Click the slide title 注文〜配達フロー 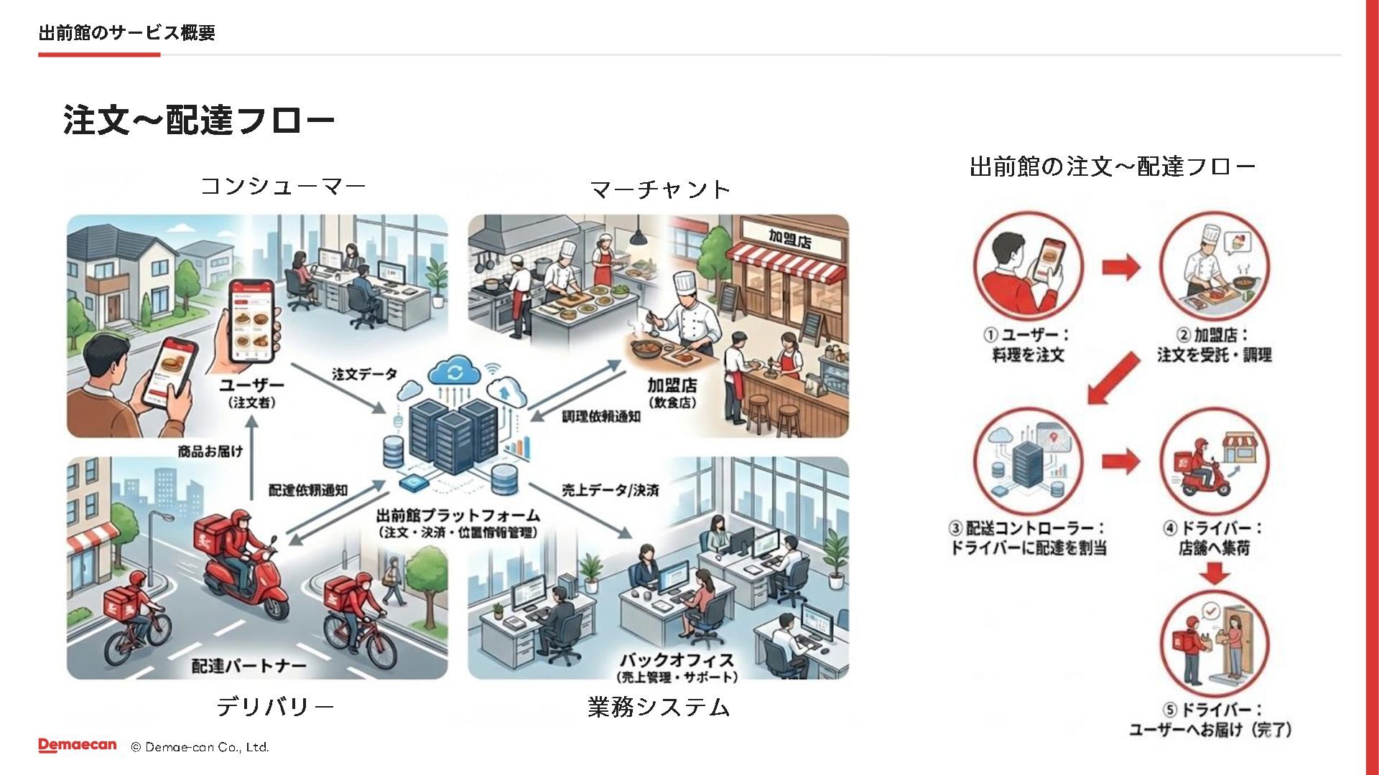pos(199,120)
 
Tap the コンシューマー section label pos(283,187)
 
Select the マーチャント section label pos(659,189)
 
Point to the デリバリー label pos(275,707)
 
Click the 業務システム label pos(659,707)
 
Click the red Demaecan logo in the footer pos(78,746)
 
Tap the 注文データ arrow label pos(364,374)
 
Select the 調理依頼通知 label pos(600,416)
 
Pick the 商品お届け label pos(210,451)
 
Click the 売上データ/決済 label pos(610,490)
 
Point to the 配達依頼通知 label pos(307,490)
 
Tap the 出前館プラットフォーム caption pos(458,516)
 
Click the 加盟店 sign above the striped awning pos(789,238)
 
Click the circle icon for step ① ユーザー pos(1028,266)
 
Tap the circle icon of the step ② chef pos(1215,266)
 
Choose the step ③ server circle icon pos(1028,461)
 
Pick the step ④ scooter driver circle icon pos(1215,461)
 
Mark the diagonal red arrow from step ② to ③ pos(1113,377)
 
